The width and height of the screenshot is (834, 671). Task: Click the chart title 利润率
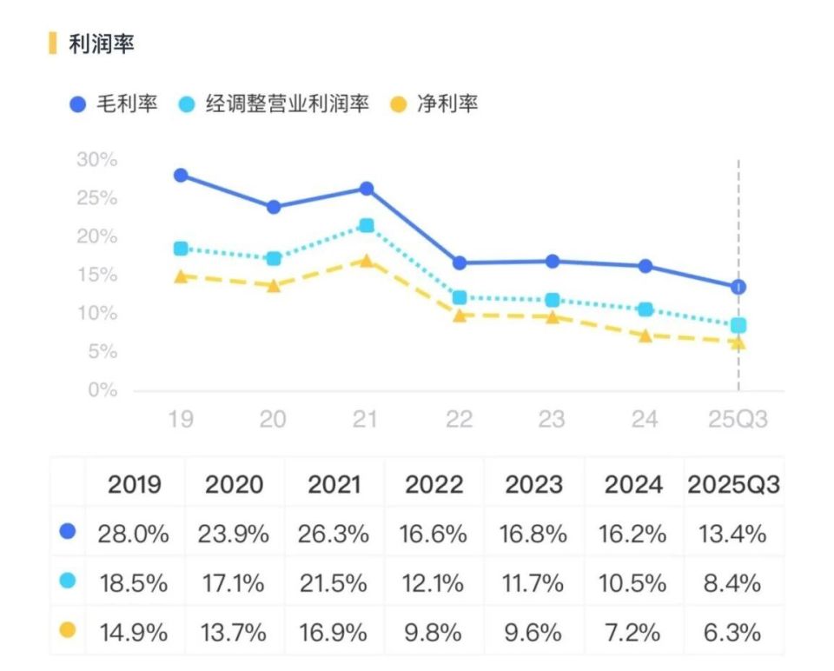point(102,44)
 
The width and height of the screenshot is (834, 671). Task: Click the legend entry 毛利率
point(115,104)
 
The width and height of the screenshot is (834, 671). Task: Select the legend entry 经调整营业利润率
point(275,104)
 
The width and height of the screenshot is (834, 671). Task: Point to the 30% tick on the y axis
point(97,160)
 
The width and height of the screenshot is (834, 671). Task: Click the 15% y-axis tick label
point(97,276)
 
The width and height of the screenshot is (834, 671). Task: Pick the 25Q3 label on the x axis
point(738,420)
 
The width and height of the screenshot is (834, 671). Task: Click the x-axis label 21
point(366,420)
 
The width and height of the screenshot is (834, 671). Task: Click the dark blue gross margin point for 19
point(181,176)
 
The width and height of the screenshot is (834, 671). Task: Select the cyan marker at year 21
point(366,225)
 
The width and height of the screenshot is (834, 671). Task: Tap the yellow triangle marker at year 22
point(460,316)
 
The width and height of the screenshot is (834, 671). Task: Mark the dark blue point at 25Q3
point(738,287)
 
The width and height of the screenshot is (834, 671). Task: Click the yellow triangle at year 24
point(645,335)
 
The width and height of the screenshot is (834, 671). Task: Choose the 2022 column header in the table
point(434,485)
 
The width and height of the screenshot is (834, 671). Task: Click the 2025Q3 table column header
point(733,485)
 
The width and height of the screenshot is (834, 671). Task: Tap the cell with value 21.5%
point(334,582)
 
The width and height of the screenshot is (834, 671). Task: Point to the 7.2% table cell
point(632,632)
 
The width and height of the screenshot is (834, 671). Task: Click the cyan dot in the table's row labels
point(68,581)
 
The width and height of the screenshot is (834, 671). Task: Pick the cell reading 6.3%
point(733,632)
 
